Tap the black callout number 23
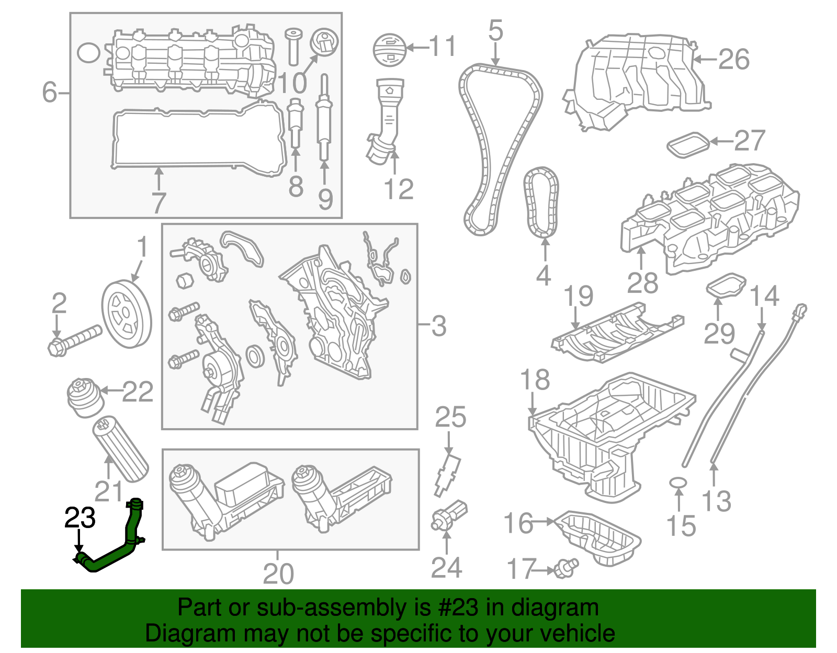[x=80, y=518]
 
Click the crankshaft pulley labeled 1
[x=126, y=314]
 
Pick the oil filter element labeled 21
[x=120, y=449]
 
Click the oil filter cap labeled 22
[x=85, y=398]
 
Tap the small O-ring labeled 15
[x=678, y=482]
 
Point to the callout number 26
[x=733, y=59]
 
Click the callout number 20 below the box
[x=278, y=574]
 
